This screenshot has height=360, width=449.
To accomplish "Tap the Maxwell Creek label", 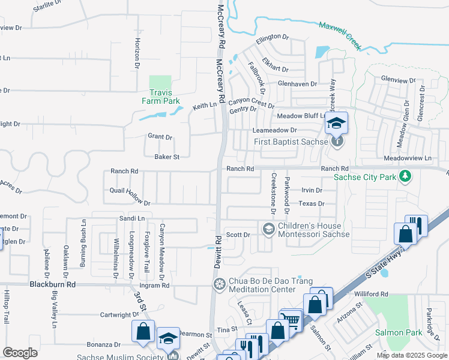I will [x=340, y=35].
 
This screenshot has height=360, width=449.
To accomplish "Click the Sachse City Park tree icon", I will [x=406, y=176].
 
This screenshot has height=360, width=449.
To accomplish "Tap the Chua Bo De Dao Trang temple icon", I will [x=220, y=283].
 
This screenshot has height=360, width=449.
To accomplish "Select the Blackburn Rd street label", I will [x=53, y=284].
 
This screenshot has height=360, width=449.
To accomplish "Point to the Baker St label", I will [x=167, y=157].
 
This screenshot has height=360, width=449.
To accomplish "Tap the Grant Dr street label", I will [x=160, y=137].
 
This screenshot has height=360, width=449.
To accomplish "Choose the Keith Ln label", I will [x=204, y=106].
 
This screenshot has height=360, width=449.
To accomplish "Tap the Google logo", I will [x=20, y=353].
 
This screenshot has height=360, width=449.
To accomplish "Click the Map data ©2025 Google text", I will [x=412, y=355].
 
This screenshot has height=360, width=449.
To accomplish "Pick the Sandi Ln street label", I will [x=133, y=219].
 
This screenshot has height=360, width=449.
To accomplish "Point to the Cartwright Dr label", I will [x=119, y=314].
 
